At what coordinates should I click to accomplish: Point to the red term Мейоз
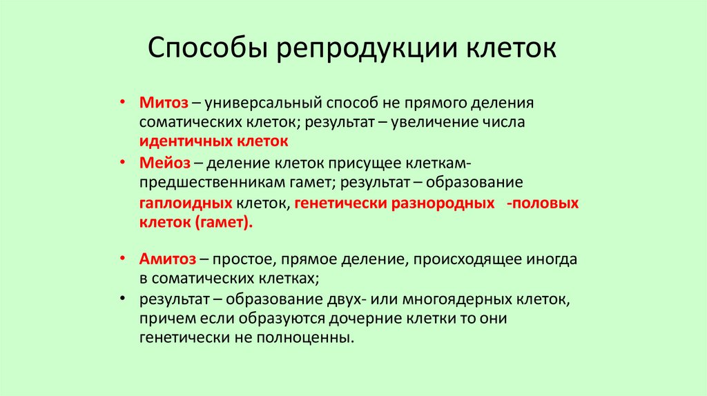click(164, 163)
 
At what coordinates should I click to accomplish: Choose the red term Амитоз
click(168, 259)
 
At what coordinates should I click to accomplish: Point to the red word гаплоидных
click(185, 204)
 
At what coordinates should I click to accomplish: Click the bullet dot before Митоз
click(122, 101)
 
